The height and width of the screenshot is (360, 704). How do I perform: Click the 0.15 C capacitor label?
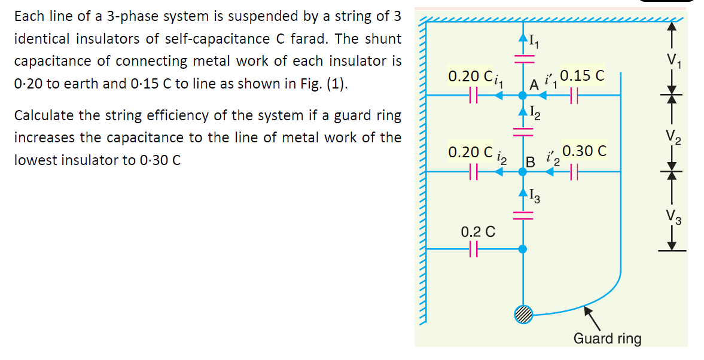[x=583, y=76]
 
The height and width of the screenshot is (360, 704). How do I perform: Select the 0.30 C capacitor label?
[x=584, y=152]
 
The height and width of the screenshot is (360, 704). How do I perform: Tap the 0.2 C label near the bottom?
[x=477, y=231]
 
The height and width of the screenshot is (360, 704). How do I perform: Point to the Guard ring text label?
[x=607, y=338]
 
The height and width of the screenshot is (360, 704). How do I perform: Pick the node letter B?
[x=529, y=161]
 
